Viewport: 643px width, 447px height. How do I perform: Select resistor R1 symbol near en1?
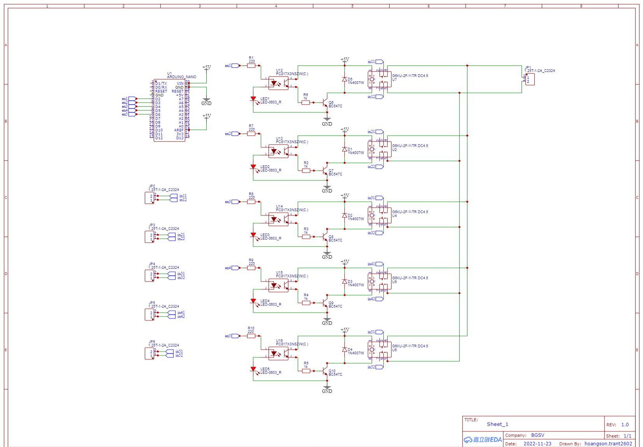click(x=251, y=66)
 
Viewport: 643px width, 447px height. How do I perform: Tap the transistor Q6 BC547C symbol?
click(x=325, y=103)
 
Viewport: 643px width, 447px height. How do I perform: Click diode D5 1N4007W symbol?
click(x=344, y=79)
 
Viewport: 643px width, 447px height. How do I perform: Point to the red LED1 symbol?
click(x=253, y=100)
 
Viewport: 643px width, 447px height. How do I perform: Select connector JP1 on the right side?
click(x=530, y=79)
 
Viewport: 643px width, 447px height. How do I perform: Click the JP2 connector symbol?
click(x=149, y=198)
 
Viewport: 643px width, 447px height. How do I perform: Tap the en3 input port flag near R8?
click(x=235, y=202)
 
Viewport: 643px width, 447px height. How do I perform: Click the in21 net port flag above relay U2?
click(x=379, y=132)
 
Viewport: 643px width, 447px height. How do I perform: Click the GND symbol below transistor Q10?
click(x=327, y=389)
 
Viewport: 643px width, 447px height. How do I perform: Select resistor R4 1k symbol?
click(x=306, y=303)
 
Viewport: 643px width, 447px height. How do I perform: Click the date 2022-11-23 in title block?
click(x=537, y=443)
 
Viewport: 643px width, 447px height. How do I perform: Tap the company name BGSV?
click(x=538, y=435)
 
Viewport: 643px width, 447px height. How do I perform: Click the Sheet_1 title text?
click(x=497, y=424)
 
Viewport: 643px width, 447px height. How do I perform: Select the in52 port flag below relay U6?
click(x=379, y=367)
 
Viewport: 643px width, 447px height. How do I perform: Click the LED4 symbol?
click(x=253, y=302)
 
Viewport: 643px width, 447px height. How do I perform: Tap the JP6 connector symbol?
click(x=149, y=354)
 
